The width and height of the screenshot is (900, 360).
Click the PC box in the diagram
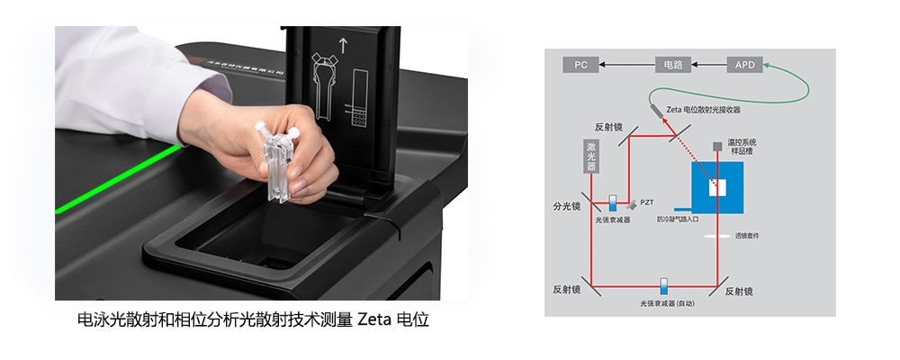point(580,65)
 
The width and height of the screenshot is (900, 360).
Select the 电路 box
point(672,65)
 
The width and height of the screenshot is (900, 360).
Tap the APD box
point(745,65)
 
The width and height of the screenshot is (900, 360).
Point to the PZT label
point(646,203)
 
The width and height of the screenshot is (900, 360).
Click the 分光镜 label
point(565,205)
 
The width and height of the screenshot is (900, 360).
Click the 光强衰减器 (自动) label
point(668,303)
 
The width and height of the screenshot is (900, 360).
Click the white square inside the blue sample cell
point(717,187)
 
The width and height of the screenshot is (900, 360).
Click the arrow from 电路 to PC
point(627,65)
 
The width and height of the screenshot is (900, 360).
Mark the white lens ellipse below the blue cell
point(717,236)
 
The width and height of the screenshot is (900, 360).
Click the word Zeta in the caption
point(374,320)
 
